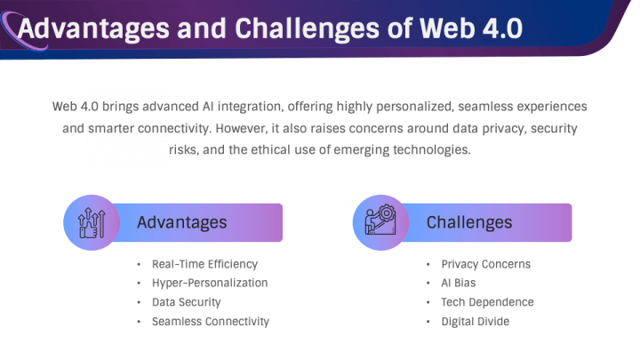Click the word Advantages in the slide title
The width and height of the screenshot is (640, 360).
point(93,28)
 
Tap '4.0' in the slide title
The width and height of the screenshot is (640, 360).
point(502,28)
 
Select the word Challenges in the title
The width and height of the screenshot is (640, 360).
point(307,29)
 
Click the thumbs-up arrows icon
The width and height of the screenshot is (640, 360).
point(92,222)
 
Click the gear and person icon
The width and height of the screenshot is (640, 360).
point(380,220)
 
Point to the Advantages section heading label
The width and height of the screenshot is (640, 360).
point(182,222)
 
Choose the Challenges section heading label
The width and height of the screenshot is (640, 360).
point(469,222)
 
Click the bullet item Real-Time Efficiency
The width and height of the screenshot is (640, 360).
point(205,265)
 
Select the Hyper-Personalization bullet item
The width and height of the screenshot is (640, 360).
point(210,283)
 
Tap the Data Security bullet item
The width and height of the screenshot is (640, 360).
point(186,302)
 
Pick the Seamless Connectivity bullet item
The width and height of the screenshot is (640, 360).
point(211,322)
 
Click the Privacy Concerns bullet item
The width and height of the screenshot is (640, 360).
point(485,264)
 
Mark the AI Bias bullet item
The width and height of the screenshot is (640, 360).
point(459,283)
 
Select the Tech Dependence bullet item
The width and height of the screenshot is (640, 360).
point(487,302)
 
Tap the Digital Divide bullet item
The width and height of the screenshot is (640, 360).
point(475,322)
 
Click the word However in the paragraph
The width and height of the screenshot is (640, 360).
point(242,129)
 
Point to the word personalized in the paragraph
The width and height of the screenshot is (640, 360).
point(415,107)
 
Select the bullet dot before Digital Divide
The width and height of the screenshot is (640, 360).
point(428,322)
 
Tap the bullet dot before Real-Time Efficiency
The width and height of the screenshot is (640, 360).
point(139,265)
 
